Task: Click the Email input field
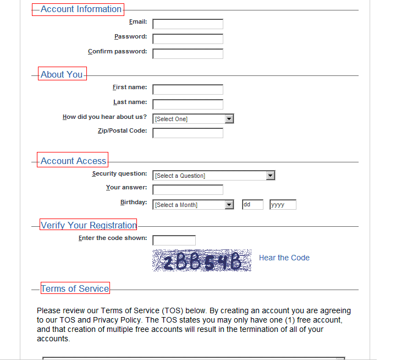pyautogui.click(x=188, y=24)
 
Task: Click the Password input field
pyautogui.click(x=188, y=39)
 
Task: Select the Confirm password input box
pyautogui.click(x=188, y=54)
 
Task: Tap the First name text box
pyautogui.click(x=188, y=90)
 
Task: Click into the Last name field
pyautogui.click(x=188, y=105)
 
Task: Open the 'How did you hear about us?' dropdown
pyautogui.click(x=193, y=119)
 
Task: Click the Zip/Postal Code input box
pyautogui.click(x=188, y=133)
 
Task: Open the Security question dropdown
pyautogui.click(x=213, y=176)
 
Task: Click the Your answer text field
pyautogui.click(x=188, y=190)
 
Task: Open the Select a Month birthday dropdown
pyautogui.click(x=193, y=205)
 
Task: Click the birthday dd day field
pyautogui.click(x=252, y=205)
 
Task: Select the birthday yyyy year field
pyautogui.click(x=283, y=205)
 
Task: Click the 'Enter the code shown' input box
pyautogui.click(x=174, y=241)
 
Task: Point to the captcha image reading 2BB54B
pyautogui.click(x=201, y=261)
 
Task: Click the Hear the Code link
pyautogui.click(x=284, y=258)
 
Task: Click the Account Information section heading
pyautogui.click(x=81, y=9)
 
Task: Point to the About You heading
pyautogui.click(x=62, y=75)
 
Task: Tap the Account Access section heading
pyautogui.click(x=73, y=161)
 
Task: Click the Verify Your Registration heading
pyautogui.click(x=88, y=225)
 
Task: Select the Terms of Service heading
pyautogui.click(x=75, y=288)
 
